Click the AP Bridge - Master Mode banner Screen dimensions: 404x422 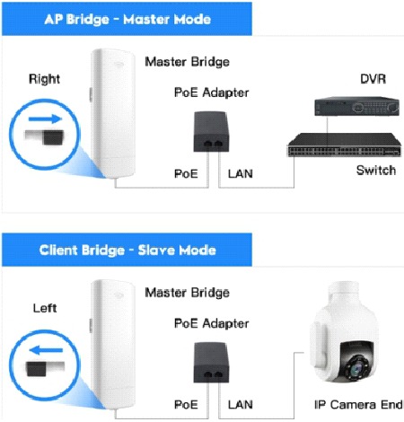[127, 19]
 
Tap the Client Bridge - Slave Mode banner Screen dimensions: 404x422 [127, 250]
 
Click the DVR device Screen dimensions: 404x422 [356, 106]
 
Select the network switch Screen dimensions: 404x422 [344, 145]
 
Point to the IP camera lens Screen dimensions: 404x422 [356, 370]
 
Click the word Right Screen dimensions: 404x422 [44, 79]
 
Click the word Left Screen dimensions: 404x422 [45, 308]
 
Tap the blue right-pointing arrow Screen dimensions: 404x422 [45, 119]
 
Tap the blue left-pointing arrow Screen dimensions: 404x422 [46, 350]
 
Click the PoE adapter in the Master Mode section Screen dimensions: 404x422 [211, 132]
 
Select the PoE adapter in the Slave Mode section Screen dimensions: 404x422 [211, 363]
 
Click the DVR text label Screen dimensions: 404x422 [373, 79]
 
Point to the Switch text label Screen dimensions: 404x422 [376, 170]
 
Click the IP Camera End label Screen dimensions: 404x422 [358, 405]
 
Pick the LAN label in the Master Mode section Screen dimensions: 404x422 [241, 174]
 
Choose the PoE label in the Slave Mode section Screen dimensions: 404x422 [186, 405]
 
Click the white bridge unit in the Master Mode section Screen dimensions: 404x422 [113, 114]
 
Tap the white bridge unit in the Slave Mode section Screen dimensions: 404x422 [113, 344]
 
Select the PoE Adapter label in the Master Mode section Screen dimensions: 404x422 [211, 92]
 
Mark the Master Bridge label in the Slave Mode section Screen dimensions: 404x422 [187, 293]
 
